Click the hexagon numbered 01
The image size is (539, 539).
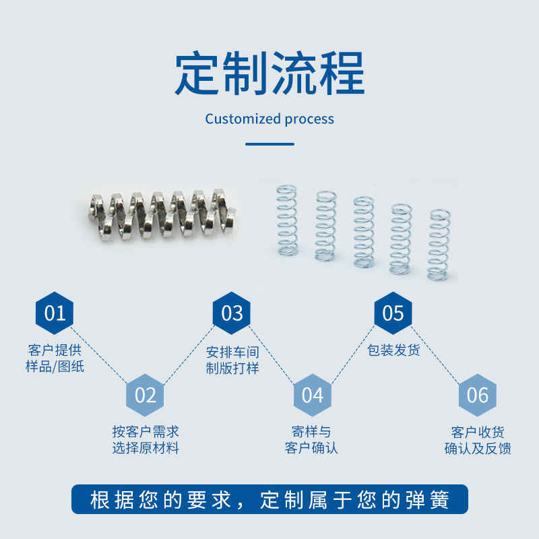click(x=55, y=313)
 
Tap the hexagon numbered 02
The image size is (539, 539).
click(x=146, y=395)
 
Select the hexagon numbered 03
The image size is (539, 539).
click(x=232, y=313)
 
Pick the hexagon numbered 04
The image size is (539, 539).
click(x=312, y=395)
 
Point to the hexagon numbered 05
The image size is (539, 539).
click(x=393, y=313)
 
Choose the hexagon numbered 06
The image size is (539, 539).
click(x=477, y=395)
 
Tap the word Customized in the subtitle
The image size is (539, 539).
click(x=243, y=119)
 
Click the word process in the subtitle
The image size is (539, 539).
click(x=309, y=119)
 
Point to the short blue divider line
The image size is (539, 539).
click(x=269, y=144)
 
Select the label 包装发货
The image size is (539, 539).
click(x=393, y=350)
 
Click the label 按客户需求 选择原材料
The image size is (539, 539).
click(x=146, y=439)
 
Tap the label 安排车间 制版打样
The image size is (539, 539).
click(x=232, y=360)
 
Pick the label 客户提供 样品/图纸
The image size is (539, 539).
click(x=55, y=359)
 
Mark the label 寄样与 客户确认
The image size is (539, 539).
click(x=311, y=439)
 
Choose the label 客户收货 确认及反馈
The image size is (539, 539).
click(x=477, y=440)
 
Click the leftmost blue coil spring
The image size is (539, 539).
click(x=287, y=220)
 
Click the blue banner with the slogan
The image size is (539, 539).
click(x=269, y=499)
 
